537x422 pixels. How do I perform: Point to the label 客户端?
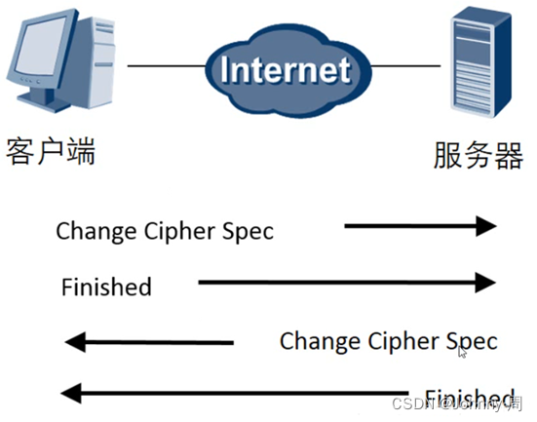click(x=51, y=153)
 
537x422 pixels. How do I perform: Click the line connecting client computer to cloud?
click(x=166, y=65)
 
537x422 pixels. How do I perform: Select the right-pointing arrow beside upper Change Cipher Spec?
click(x=420, y=226)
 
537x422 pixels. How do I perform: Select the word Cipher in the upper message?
click(x=173, y=231)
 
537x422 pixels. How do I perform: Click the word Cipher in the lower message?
click(x=398, y=341)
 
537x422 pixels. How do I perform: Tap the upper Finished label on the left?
click(x=106, y=287)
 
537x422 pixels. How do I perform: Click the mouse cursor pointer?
click(x=463, y=352)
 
